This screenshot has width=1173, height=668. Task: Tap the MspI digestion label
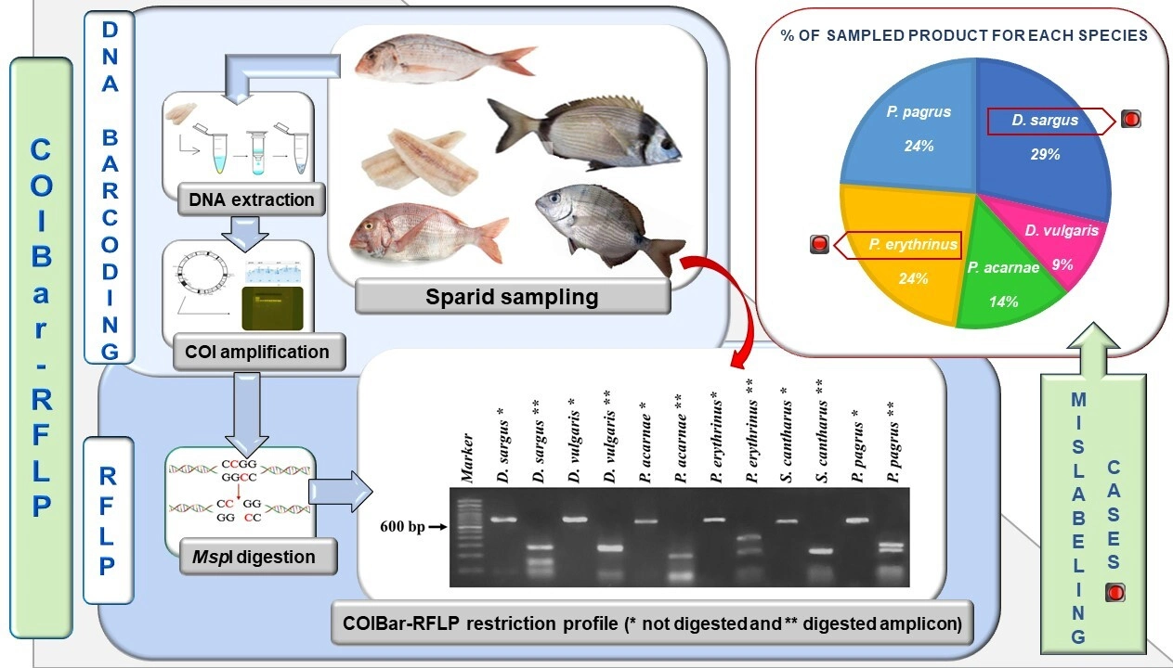click(x=248, y=557)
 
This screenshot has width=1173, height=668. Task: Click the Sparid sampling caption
click(x=512, y=297)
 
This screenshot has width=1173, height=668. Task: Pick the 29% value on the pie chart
click(x=1044, y=155)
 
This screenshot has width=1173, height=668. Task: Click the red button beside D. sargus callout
click(x=1130, y=119)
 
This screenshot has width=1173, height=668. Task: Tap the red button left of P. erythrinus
click(x=819, y=245)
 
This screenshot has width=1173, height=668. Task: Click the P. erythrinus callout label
click(x=902, y=245)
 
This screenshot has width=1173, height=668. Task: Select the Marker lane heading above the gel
click(x=468, y=459)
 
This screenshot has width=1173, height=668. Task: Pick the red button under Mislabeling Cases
click(x=1114, y=593)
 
